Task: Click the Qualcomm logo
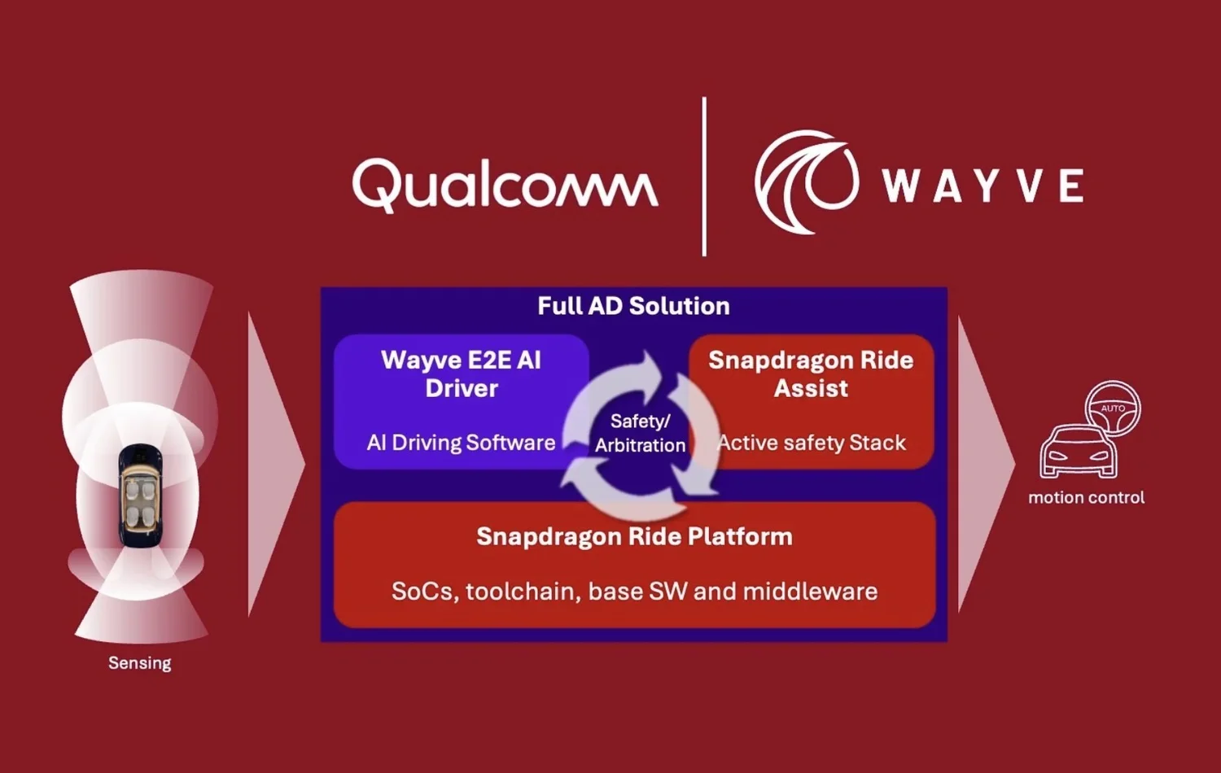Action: [505, 185]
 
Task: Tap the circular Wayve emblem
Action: [806, 181]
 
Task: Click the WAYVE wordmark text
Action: [983, 186]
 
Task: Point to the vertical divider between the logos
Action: [704, 177]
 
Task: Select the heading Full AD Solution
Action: [633, 306]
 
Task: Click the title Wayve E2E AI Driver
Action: [461, 373]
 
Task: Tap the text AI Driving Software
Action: [461, 443]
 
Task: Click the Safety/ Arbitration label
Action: [640, 433]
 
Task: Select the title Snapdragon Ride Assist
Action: [811, 373]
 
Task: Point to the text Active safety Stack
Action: [811, 443]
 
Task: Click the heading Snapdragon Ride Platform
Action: [634, 537]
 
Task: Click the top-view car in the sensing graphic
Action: [140, 496]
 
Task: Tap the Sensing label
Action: [140, 663]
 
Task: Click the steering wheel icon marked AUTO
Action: [1113, 408]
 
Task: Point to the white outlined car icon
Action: [1078, 453]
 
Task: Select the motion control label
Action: [1086, 498]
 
